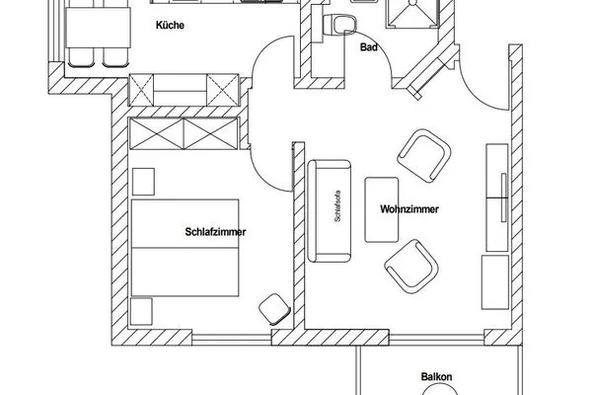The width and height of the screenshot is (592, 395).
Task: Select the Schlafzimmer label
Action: pos(214,232)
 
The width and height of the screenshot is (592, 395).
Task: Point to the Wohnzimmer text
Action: pos(408,210)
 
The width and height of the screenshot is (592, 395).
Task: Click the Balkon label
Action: pos(435,376)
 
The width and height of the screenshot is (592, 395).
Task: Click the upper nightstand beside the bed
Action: pos(144,182)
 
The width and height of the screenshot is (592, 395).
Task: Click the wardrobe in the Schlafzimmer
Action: pos(184,132)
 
